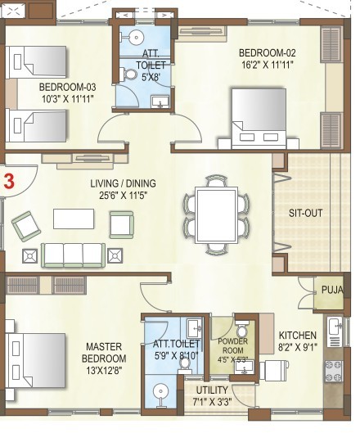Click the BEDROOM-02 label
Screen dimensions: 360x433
[x=267, y=52]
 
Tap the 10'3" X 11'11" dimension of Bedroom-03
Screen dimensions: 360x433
[x=68, y=98]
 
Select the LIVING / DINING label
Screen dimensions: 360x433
[x=123, y=183]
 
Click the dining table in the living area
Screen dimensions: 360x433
[x=217, y=215]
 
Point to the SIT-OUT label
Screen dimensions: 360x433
[x=306, y=213]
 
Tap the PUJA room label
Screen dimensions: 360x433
[x=332, y=290]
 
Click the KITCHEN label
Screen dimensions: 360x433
[x=298, y=336]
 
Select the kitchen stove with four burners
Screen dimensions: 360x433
[x=334, y=371]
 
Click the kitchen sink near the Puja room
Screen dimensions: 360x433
[x=335, y=332]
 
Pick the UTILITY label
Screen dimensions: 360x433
[x=212, y=390]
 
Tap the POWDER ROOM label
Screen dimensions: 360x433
[x=232, y=345]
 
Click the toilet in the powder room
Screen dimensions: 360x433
[x=242, y=328]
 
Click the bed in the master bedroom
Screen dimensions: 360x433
[x=36, y=360]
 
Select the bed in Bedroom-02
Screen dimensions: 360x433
[x=259, y=119]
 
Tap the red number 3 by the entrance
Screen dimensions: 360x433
[x=9, y=182]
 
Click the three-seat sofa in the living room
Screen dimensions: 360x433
[x=73, y=255]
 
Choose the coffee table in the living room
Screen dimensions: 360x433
[x=74, y=219]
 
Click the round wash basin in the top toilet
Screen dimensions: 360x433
[x=136, y=37]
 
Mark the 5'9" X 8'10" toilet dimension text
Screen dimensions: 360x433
[x=176, y=356]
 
